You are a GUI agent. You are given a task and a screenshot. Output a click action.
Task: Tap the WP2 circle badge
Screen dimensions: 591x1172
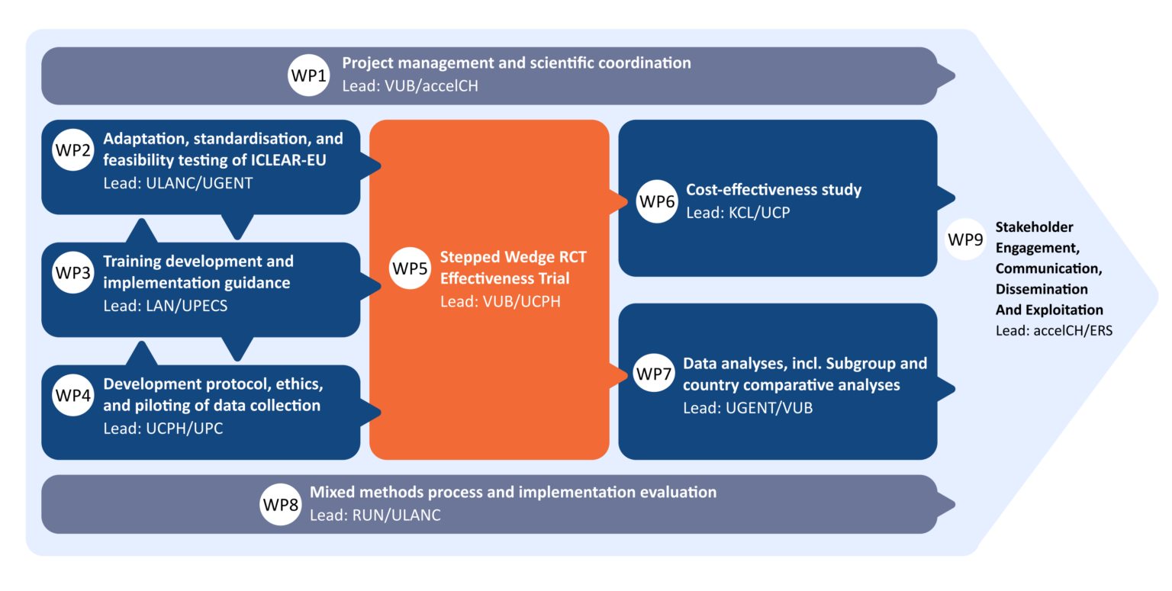tap(74, 149)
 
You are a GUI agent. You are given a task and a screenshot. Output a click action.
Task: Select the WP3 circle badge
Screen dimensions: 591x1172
tap(74, 272)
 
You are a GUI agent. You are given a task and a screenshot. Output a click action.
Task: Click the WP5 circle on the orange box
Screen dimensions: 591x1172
tap(411, 268)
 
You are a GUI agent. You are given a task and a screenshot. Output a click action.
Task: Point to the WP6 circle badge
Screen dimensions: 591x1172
tap(657, 201)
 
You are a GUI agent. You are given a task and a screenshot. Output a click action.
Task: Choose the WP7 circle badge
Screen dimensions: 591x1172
tap(655, 374)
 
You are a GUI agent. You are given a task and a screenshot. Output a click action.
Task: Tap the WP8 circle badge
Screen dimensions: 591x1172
tap(281, 504)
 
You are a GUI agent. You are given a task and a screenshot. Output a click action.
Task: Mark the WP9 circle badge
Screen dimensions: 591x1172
tap(965, 239)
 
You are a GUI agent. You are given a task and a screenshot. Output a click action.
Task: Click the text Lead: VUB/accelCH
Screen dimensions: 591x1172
tap(410, 86)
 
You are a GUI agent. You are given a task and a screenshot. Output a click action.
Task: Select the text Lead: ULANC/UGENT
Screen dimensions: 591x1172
tap(178, 184)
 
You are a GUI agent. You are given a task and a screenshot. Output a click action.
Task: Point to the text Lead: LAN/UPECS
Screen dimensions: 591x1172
tap(165, 306)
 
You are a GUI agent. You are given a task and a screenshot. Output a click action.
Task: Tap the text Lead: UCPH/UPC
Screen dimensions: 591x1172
tap(163, 428)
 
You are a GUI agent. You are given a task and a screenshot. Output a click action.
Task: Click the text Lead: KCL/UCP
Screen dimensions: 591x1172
tap(738, 213)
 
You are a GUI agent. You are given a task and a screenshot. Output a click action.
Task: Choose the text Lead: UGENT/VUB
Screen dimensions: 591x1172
tap(748, 408)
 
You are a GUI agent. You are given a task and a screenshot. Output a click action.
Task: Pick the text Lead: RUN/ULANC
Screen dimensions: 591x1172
tap(375, 515)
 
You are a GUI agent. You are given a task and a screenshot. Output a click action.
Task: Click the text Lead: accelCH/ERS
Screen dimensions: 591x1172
tap(1054, 330)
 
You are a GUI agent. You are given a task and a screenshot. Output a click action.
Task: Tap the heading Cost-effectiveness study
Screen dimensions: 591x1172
tap(774, 190)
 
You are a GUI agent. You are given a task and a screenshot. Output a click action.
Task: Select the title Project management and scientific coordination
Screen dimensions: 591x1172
tap(516, 63)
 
